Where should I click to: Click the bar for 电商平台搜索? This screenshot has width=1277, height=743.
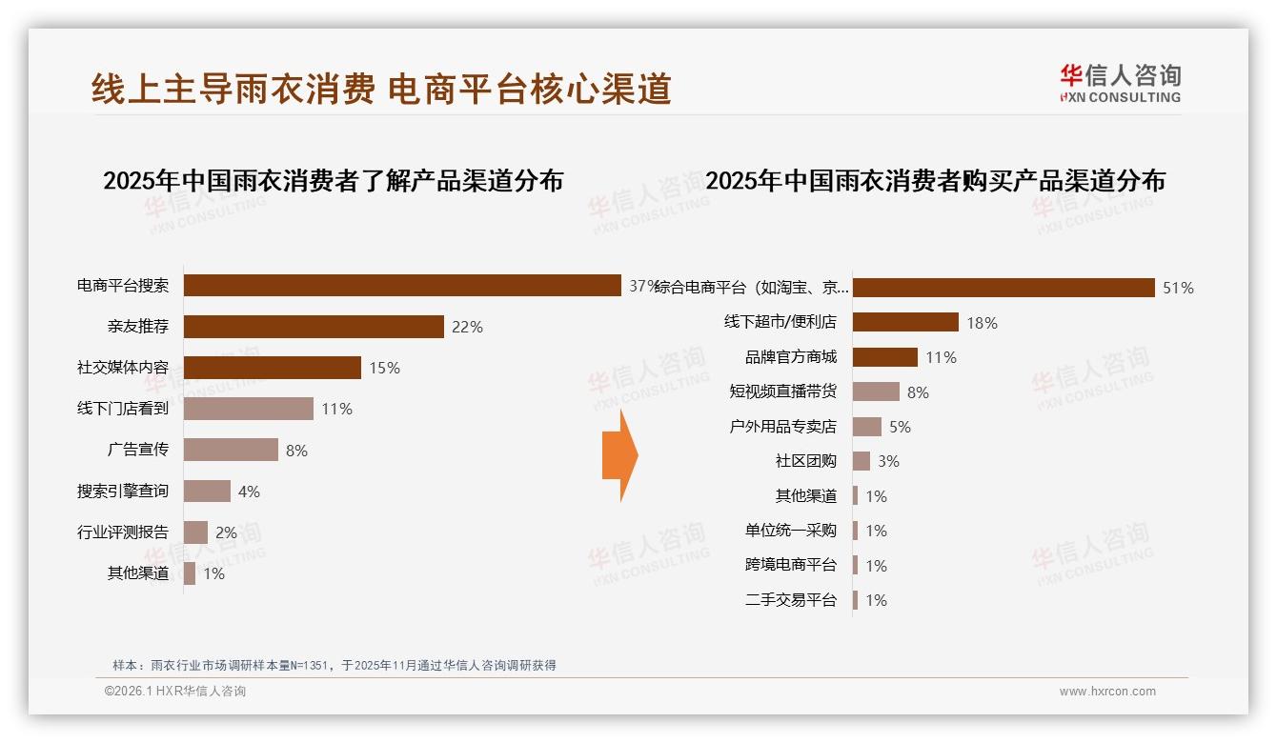pyautogui.click(x=402, y=286)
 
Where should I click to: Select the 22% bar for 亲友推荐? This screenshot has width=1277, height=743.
pyautogui.click(x=314, y=327)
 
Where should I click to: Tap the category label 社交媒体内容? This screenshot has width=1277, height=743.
pyautogui.click(x=123, y=368)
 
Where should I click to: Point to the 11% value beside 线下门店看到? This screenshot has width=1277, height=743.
pyautogui.click(x=336, y=409)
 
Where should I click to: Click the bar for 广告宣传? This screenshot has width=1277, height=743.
pyautogui.click(x=231, y=450)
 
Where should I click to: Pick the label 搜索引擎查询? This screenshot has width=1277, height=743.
pyautogui.click(x=123, y=492)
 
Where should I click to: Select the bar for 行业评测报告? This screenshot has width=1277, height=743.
pyautogui.click(x=195, y=532)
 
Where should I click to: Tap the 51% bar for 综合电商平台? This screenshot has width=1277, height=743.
pyautogui.click(x=1003, y=288)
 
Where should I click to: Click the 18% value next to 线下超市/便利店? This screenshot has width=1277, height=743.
pyautogui.click(x=982, y=323)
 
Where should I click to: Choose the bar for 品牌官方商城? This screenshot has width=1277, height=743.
pyautogui.click(x=884, y=357)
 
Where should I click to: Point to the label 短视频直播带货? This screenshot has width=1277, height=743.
pyautogui.click(x=782, y=392)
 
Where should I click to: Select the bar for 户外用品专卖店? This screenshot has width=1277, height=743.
pyautogui.click(x=867, y=427)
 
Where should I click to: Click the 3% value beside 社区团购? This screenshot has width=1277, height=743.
pyautogui.click(x=888, y=461)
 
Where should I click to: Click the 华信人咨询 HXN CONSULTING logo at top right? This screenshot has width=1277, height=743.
pyautogui.click(x=1120, y=84)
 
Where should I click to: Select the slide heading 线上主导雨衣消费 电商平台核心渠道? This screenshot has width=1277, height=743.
pyautogui.click(x=381, y=89)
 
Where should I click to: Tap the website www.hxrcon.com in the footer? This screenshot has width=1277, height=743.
pyautogui.click(x=1107, y=692)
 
